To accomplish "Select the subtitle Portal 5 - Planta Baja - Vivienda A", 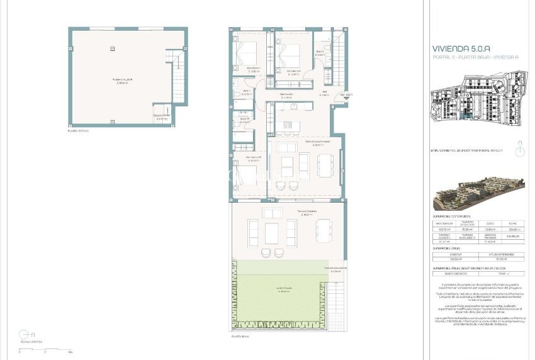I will (x=475, y=57).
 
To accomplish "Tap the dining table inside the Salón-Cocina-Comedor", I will (x=326, y=165).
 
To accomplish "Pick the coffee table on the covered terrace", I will (x=272, y=233).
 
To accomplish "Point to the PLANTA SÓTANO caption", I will (x=79, y=131).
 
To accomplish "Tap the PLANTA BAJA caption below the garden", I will (x=240, y=337).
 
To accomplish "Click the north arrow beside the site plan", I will (x=520, y=150).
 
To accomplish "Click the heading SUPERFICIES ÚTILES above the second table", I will (x=450, y=249).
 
